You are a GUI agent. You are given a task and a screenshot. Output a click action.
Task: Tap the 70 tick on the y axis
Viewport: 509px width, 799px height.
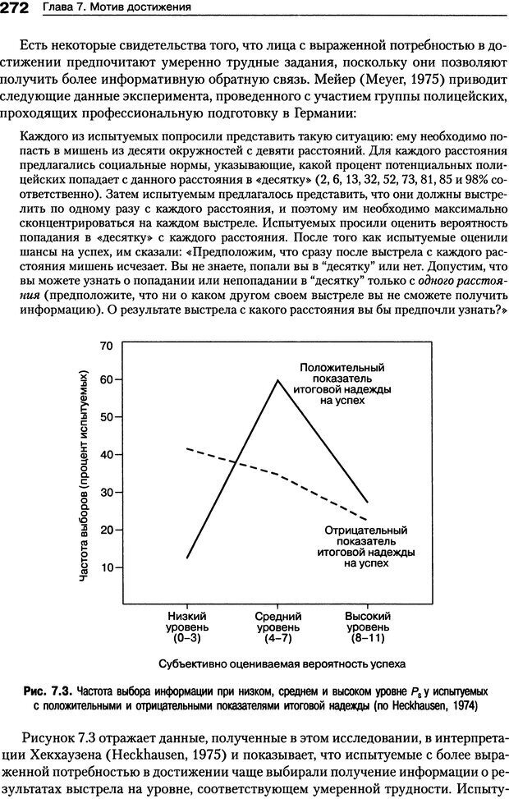(106, 346)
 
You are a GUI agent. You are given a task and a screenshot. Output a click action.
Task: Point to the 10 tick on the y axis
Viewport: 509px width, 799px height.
(106, 567)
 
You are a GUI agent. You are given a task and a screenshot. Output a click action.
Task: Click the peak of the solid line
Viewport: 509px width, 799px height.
(277, 380)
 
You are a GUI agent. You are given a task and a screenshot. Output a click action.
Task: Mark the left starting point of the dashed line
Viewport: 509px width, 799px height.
(188, 448)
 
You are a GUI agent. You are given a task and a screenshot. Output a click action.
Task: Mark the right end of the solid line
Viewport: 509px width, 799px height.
(367, 502)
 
